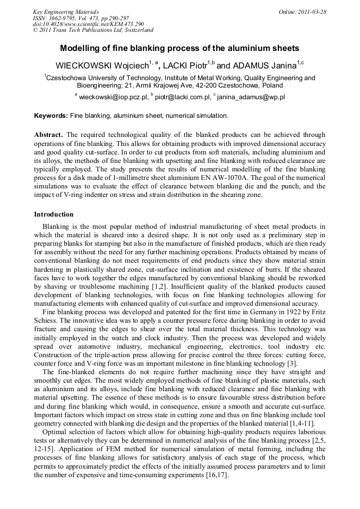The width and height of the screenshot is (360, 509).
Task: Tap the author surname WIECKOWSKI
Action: coord(84,66)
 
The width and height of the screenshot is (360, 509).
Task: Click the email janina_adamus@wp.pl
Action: coord(252,98)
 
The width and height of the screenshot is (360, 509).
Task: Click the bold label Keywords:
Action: coord(51,115)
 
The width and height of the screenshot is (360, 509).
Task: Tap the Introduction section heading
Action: coord(54,214)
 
